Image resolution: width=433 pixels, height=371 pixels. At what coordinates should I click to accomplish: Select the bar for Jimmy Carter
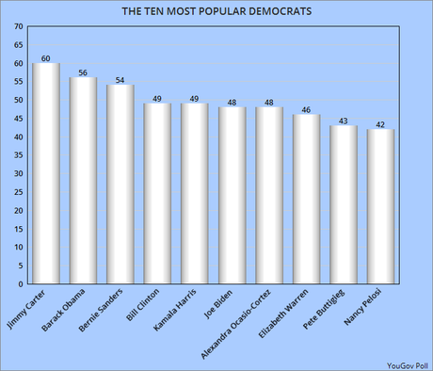click(45, 174)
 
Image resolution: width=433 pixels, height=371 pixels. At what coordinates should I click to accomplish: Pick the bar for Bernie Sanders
click(120, 185)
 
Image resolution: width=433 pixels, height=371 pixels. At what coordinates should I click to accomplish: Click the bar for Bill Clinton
click(157, 194)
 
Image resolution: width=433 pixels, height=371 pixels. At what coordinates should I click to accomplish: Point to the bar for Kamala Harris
click(194, 194)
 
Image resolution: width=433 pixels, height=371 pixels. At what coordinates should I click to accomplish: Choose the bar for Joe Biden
click(232, 196)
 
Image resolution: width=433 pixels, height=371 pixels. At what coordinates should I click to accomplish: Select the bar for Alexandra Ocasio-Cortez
click(268, 196)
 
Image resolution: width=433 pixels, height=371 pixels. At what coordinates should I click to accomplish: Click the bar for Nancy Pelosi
click(380, 207)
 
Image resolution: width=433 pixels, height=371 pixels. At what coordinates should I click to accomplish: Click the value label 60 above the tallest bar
click(45, 57)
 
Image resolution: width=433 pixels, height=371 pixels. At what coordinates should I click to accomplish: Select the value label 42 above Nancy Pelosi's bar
click(380, 123)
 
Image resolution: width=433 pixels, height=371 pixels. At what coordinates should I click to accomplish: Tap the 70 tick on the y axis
click(19, 27)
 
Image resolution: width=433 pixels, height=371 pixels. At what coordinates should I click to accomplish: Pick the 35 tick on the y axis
click(19, 155)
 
